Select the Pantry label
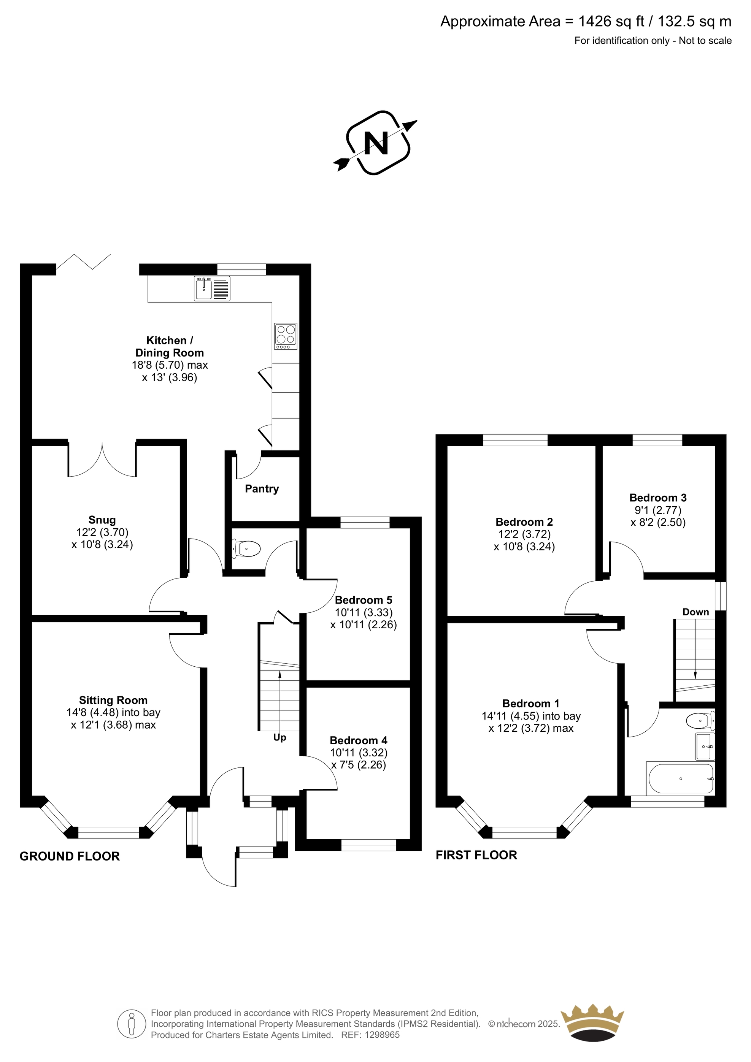[262, 489]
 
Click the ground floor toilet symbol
[247, 549]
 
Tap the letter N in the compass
[376, 144]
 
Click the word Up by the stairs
[280, 738]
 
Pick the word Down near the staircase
[695, 612]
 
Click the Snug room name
[102, 520]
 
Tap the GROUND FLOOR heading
[70, 857]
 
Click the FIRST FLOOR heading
[476, 855]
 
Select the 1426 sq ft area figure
[612, 21]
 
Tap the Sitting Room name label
[113, 700]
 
